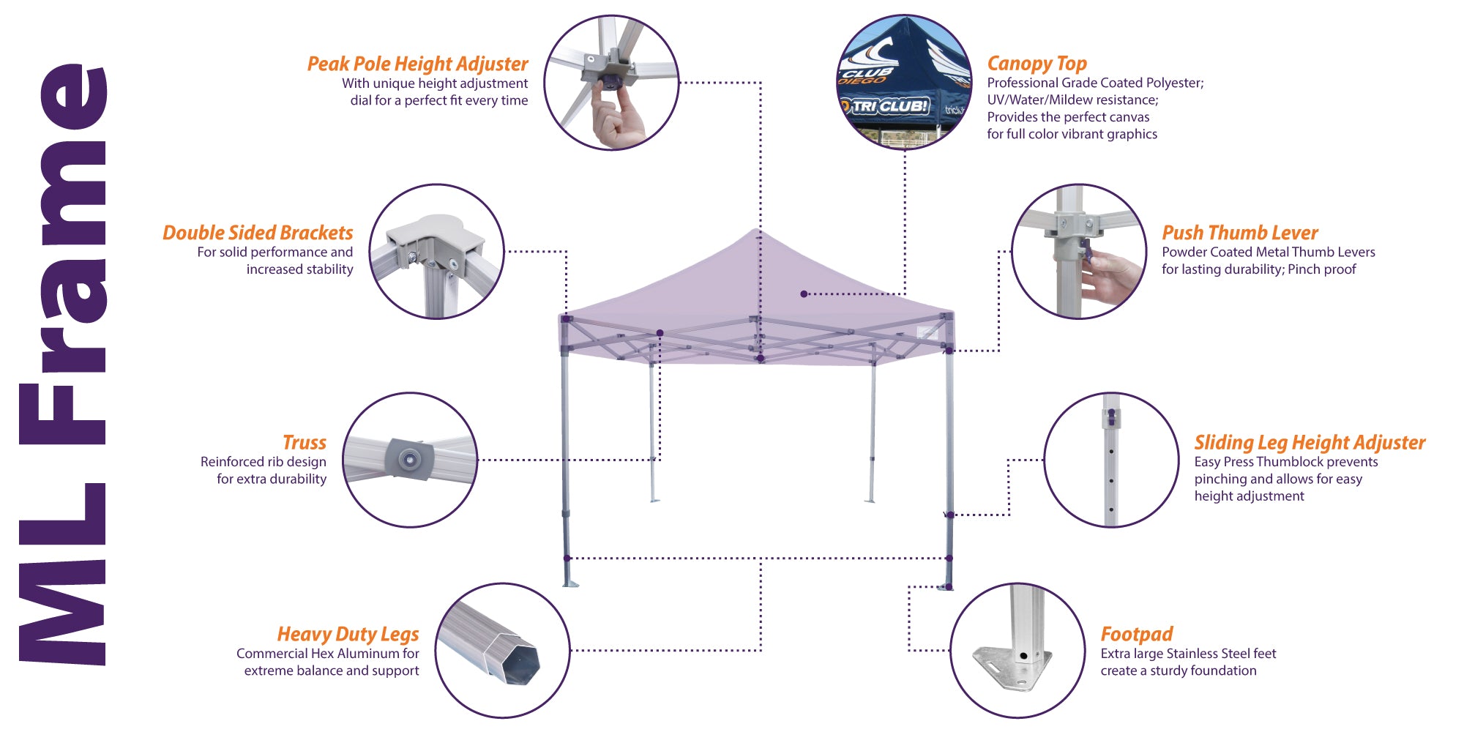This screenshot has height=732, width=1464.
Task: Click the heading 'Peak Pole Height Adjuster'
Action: pos(417,64)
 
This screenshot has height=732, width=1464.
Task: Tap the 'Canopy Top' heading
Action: pos(1037,64)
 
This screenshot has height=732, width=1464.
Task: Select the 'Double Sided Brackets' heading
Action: pos(258,233)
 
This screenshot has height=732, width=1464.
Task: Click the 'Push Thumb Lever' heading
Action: pos(1239,233)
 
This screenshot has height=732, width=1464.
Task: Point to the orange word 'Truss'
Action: pos(305,443)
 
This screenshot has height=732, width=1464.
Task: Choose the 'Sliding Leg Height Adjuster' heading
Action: pos(1310,443)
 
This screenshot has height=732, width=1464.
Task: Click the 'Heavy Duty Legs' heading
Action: pos(348,634)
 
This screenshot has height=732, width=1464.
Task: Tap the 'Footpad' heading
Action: pos(1136,634)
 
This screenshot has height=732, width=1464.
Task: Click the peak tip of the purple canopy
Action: pos(755,231)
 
